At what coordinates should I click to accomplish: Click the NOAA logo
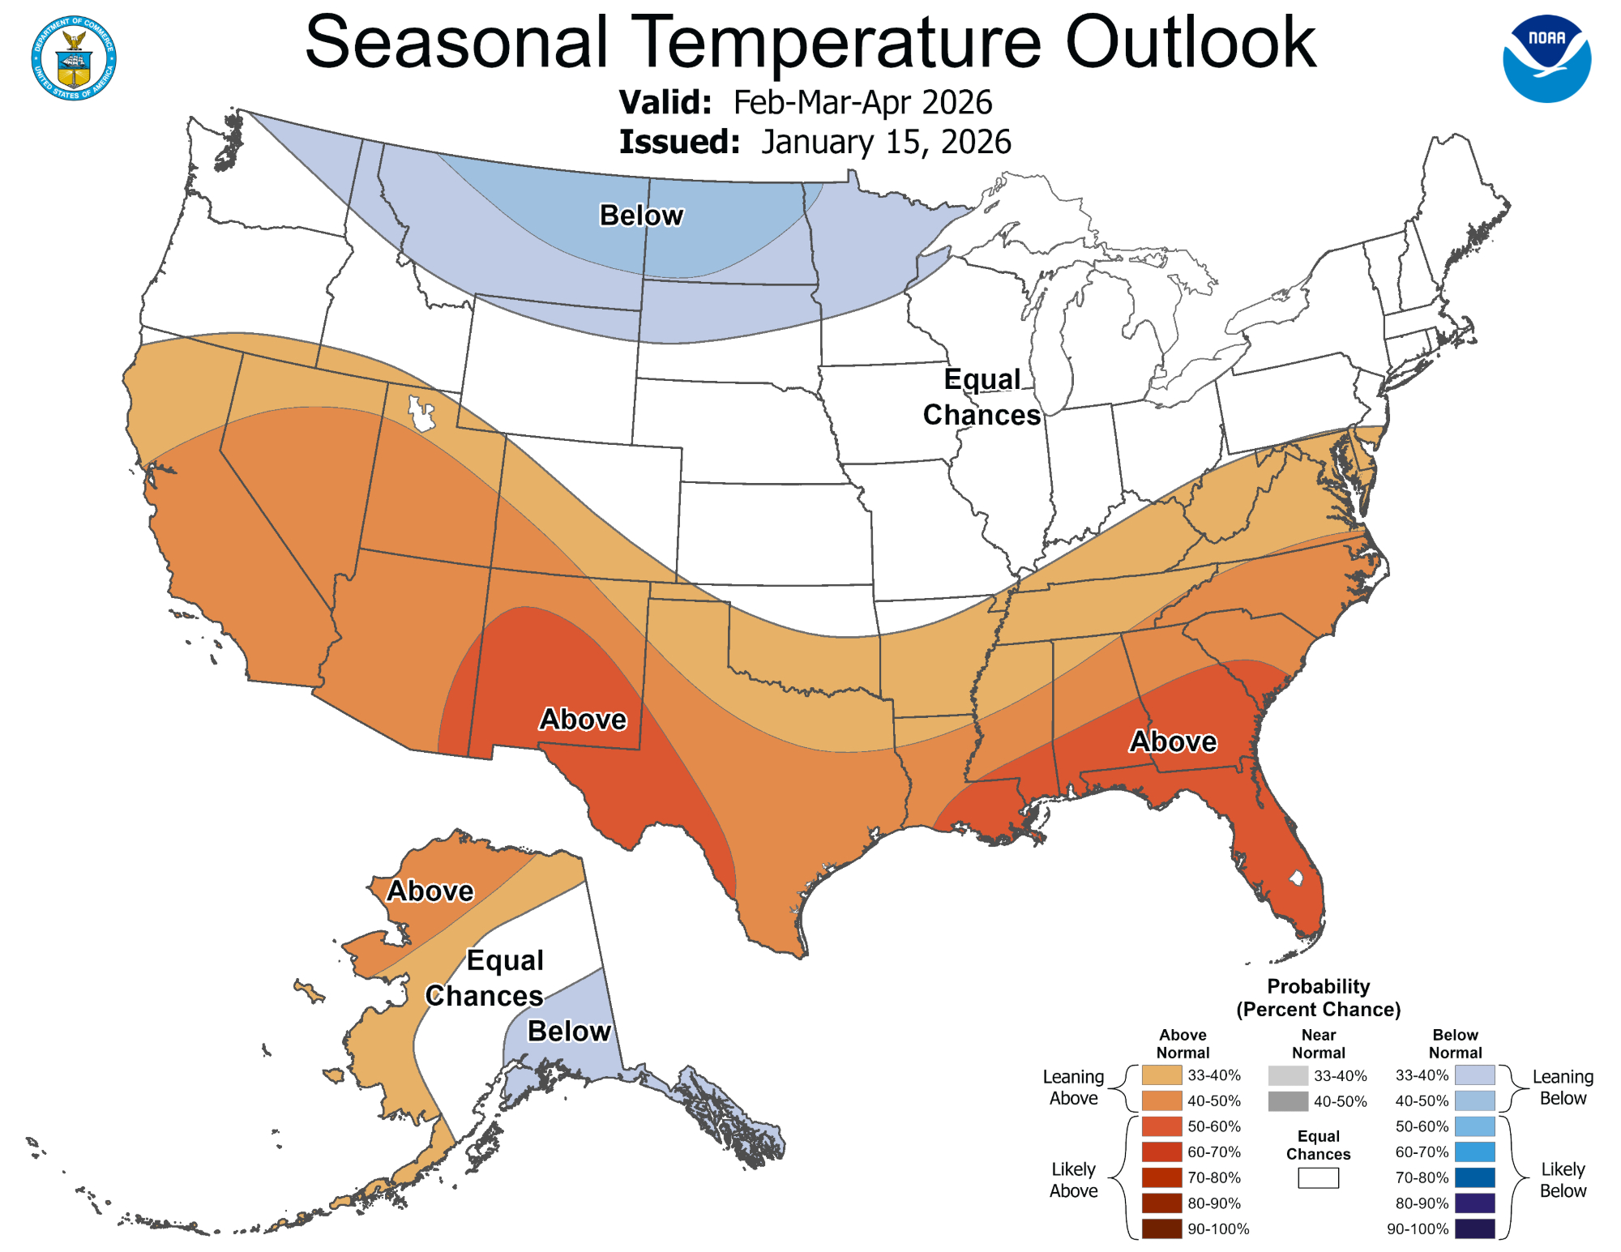(1546, 58)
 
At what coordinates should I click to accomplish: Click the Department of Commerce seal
(74, 58)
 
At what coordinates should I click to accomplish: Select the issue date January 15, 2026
(886, 142)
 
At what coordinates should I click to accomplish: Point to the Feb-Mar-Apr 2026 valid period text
(862, 103)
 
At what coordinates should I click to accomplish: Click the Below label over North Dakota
(641, 216)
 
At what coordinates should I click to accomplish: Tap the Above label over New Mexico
(583, 720)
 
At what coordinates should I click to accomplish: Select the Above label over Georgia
(1173, 741)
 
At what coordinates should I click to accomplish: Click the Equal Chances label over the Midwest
(982, 397)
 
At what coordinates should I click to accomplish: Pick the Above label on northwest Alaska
(430, 891)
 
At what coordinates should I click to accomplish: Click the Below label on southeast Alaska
(569, 1032)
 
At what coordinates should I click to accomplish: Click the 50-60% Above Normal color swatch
(1161, 1126)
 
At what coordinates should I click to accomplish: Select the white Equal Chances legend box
(1318, 1178)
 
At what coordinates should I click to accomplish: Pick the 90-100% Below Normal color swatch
(1474, 1228)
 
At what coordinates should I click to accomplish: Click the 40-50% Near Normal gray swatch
(1288, 1101)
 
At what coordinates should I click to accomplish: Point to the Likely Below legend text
(1562, 1180)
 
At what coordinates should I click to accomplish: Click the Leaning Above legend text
(1073, 1087)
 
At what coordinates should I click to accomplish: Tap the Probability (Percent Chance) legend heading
(1318, 998)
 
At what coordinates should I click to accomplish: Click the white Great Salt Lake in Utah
(420, 414)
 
